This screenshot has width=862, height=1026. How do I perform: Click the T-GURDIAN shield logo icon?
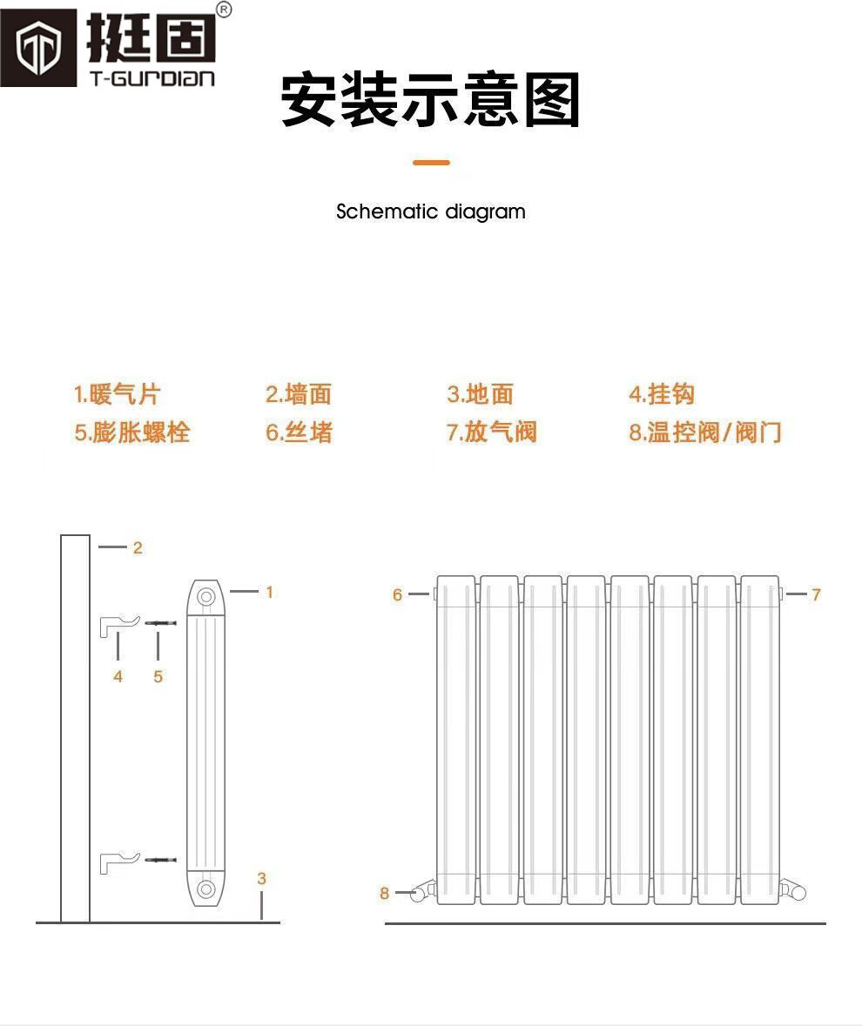pos(37,48)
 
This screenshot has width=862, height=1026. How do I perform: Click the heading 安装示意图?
pos(430,101)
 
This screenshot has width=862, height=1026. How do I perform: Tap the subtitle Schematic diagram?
pos(430,211)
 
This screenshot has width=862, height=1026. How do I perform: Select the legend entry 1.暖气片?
pos(117,394)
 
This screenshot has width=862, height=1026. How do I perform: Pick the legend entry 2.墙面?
pos(299,394)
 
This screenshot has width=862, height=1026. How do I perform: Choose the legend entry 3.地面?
pos(480,394)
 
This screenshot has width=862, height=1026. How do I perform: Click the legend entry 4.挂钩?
pos(662,394)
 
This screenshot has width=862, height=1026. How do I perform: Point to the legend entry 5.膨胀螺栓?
pos(131,433)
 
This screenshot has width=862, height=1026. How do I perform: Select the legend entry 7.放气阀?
pos(492,433)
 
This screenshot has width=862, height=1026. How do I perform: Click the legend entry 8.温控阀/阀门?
pos(705,433)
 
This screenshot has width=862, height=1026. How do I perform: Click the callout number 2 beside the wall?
pos(138,548)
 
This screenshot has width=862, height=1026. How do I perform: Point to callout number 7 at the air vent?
pos(816,594)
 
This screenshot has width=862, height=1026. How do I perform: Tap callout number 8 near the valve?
pos(384,894)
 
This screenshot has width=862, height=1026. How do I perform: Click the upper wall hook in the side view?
pos(119,624)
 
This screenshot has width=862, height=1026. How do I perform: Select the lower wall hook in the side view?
pos(119,861)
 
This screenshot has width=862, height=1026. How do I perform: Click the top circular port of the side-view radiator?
pos(206,597)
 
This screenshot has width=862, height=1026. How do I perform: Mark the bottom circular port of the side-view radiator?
pos(206,889)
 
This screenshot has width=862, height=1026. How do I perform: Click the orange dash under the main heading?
pos(431,163)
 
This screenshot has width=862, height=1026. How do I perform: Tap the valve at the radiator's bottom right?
pos(794,890)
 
